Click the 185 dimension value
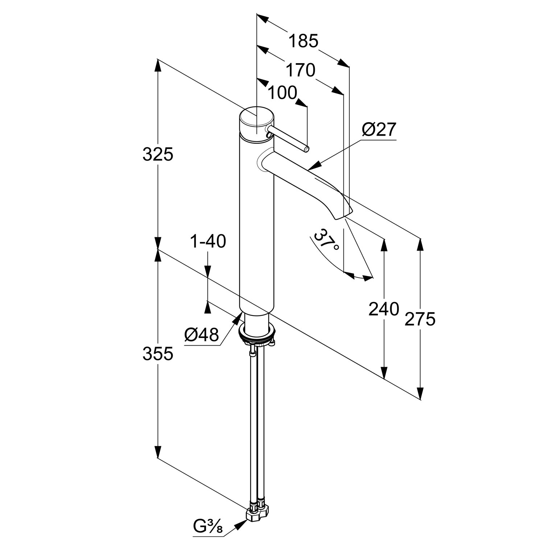click(303, 41)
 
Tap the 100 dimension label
click(282, 93)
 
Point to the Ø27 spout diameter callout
click(379, 129)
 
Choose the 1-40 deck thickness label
click(208, 241)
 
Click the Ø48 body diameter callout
click(202, 335)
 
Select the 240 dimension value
click(384, 309)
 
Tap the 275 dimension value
click(420, 319)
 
